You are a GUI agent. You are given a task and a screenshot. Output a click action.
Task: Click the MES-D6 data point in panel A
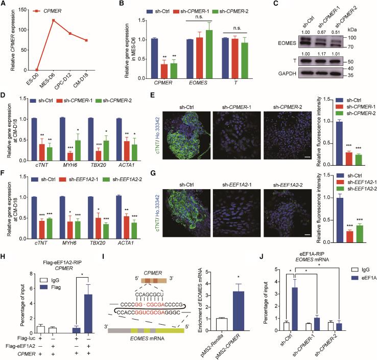[53, 20]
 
